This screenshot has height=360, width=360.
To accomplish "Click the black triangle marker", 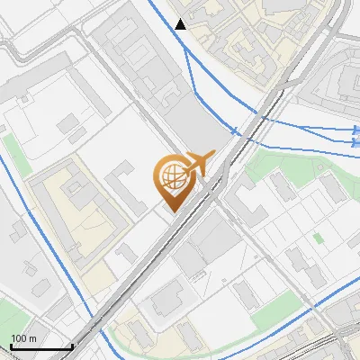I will tap(182, 24).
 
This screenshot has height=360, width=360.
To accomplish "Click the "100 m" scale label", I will tap(23, 338).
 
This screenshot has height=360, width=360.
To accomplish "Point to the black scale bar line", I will tap(40, 346).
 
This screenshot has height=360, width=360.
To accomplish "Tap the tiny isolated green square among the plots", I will tap(318, 238).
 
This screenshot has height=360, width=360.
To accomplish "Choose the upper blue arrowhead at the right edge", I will tap(355, 131).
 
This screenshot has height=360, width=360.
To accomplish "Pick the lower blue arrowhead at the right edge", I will tap(355, 142).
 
